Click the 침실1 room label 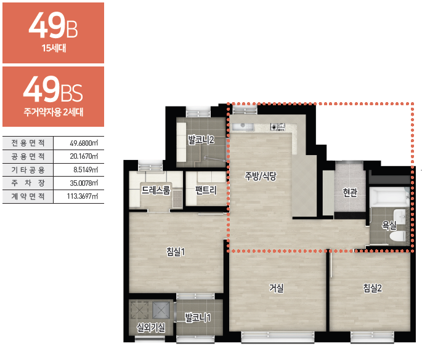(x=176, y=252)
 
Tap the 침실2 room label (x=373, y=288)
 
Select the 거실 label (x=277, y=288)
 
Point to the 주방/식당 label (x=261, y=176)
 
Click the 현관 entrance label (x=350, y=192)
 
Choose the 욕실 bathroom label (x=389, y=225)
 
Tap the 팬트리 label (x=206, y=190)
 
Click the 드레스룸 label (x=156, y=190)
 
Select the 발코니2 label (x=201, y=140)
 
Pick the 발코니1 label (x=198, y=318)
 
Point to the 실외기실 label (x=151, y=327)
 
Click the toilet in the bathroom (x=398, y=236)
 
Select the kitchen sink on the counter (x=243, y=127)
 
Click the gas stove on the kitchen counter (x=278, y=127)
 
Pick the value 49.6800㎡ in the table (x=84, y=143)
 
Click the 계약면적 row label (x=28, y=196)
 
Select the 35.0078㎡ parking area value (x=84, y=183)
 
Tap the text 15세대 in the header (x=54, y=48)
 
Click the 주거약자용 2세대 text (x=54, y=111)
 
